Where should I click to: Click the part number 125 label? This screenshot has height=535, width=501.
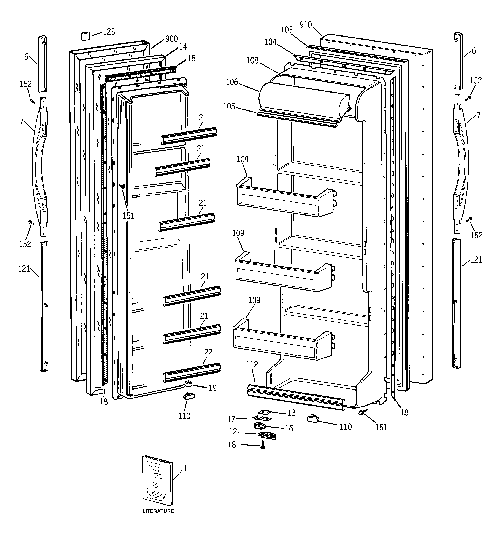coord(109,32)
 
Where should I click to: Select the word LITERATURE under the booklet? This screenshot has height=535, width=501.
coord(158,511)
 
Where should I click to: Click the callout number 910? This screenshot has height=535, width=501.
coord(306,25)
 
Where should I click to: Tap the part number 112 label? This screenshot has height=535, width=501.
coord(252,365)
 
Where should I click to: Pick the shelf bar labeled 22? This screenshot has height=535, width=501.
coord(192,372)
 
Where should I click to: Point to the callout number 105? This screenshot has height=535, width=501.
coord(229,106)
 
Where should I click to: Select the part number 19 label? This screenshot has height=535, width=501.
coord(213,388)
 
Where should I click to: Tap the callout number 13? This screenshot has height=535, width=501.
coord(292,413)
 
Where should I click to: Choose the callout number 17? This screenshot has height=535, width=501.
coord(231,419)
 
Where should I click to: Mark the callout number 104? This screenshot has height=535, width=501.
coord(270,42)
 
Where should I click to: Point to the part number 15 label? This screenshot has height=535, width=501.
coord(192,58)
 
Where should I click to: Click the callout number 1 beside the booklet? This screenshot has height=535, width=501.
coord(185,469)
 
